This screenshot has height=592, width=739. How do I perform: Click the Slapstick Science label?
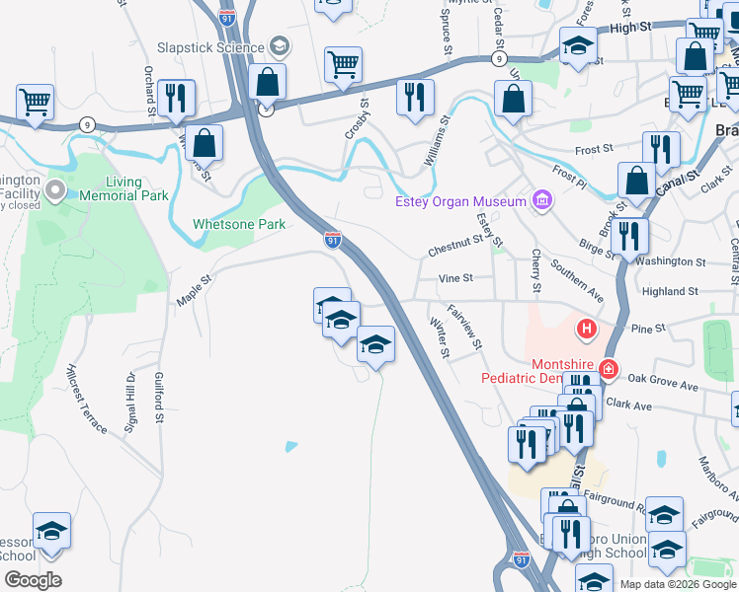tap(210, 47)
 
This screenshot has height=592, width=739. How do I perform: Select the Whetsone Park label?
tap(239, 224)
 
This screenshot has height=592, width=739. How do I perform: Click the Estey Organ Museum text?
tap(459, 202)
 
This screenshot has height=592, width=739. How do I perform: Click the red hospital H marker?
tap(587, 328)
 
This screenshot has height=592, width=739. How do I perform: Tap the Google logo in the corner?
tap(33, 580)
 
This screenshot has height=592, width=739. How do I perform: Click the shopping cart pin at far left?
tap(35, 101)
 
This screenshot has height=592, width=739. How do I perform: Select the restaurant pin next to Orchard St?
tap(176, 97)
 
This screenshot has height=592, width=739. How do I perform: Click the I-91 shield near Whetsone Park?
tap(334, 240)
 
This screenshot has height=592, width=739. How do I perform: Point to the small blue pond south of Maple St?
tap(290, 446)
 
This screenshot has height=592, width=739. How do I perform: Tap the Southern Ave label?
tap(578, 282)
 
